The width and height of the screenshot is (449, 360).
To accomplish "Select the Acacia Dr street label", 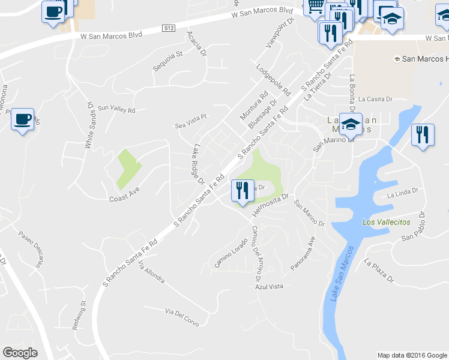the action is [x=197, y=44].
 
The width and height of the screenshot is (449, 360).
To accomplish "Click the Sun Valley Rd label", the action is [x=117, y=110].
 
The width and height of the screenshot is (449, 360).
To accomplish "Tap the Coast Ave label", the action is [x=124, y=199].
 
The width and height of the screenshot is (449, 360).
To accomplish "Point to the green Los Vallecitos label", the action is [x=387, y=222].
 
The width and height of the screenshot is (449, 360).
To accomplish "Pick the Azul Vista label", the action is [x=268, y=287].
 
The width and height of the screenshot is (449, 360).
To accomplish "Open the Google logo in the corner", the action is [x=20, y=353].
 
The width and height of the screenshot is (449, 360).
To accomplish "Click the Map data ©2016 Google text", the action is [x=412, y=355].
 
